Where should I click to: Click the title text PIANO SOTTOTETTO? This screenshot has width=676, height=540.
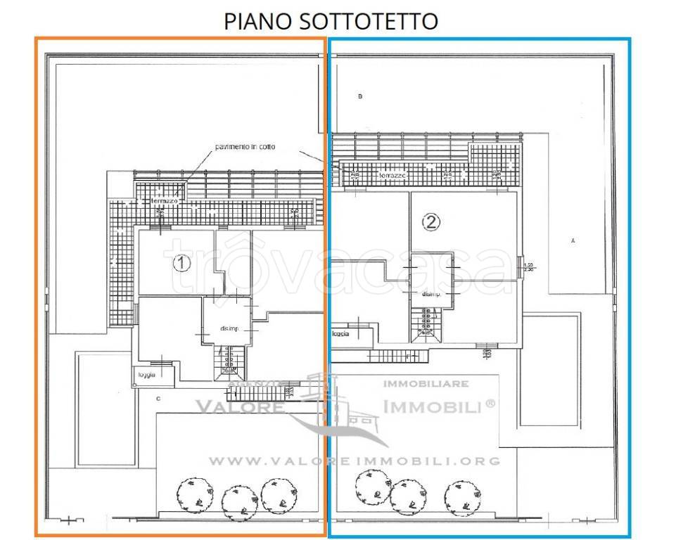pos(331,20)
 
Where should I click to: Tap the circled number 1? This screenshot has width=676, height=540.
pos(182,264)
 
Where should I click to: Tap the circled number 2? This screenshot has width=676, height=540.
pos(431,223)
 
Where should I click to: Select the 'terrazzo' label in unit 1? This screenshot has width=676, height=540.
pos(165,201)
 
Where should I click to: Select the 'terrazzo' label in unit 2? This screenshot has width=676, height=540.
pos(394,175)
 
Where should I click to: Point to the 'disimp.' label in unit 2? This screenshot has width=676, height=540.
pos(431,295)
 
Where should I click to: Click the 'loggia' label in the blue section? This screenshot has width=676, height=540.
pos(340,334)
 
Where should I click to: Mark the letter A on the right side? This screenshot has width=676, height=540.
pos(573,241)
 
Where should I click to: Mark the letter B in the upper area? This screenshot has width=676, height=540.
pos(359,96)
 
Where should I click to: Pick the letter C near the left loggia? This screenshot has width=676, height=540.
pos(159,399)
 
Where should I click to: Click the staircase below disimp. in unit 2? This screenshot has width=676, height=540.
pos(427,324)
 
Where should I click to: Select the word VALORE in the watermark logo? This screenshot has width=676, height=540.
pos(240,406)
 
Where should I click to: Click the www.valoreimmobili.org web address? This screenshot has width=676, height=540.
pos(355,461)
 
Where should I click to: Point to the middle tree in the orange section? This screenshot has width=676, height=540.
pos(236,501)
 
